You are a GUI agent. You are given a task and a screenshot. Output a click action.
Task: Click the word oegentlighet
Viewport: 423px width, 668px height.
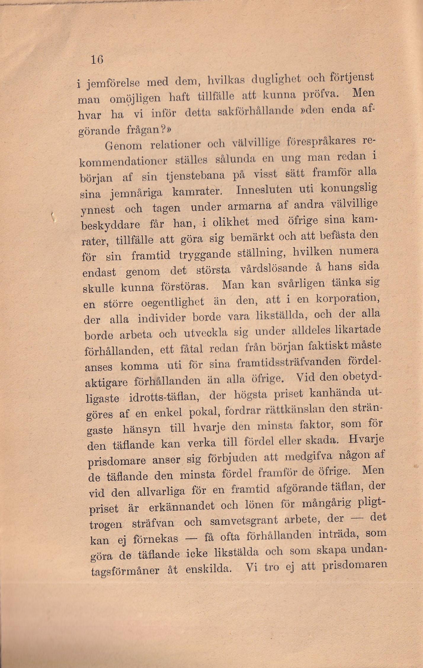[172, 302]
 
